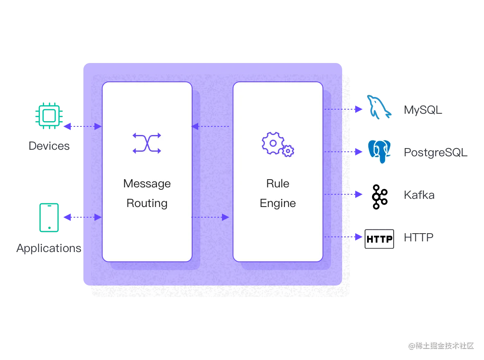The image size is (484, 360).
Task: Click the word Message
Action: pos(147,183)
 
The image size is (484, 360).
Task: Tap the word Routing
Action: pos(147,203)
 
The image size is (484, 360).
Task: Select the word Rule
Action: pos(278,183)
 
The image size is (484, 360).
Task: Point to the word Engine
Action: pos(278,203)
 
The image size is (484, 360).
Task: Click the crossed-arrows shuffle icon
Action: pos(147,143)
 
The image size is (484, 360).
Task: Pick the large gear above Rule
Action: pos(272,143)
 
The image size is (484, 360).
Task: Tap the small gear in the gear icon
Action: pos(288,151)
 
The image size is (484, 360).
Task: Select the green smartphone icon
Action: pos(49,217)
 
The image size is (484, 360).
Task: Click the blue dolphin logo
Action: pos(379,108)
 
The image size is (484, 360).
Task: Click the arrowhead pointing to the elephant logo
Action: pos(358,152)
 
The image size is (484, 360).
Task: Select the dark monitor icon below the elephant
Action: pos(379,240)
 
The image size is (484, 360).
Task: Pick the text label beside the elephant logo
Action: pos(434,153)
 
